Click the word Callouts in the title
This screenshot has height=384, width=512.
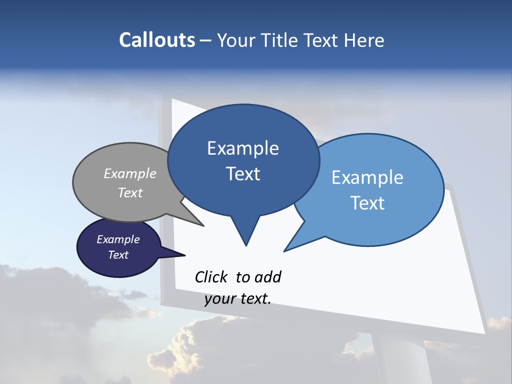pos(157,40)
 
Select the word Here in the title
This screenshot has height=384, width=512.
pos(364,40)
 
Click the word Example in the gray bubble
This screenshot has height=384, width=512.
pos(130,174)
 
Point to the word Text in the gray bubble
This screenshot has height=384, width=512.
pos(130,193)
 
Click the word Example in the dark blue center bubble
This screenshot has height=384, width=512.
pos(243,148)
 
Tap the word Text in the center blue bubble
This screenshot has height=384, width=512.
pos(243,174)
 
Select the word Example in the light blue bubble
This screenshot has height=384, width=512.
pos(367,178)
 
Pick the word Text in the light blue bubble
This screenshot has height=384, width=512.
pos(367,203)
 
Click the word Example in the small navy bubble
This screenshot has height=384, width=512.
pos(118,240)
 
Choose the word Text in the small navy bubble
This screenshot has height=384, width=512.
pos(118,255)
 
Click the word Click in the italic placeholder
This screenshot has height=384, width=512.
pos(212,277)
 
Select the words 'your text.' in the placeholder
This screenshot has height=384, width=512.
pos(238,299)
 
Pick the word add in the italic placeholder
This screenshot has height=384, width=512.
pos(268,277)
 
